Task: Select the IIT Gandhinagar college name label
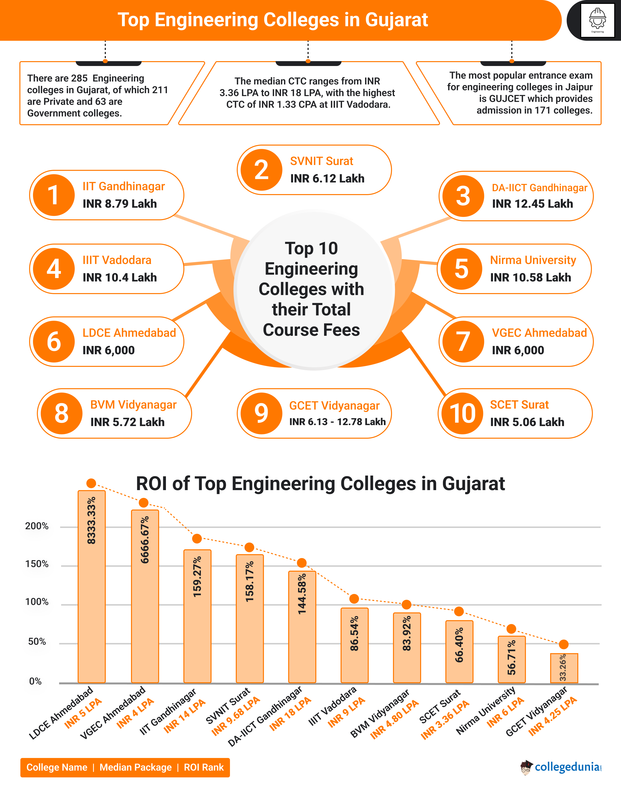tap(124, 186)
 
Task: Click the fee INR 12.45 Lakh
tap(532, 204)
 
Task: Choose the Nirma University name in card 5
tap(533, 260)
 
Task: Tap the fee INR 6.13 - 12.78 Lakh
tap(337, 422)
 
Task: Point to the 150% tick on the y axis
tap(37, 564)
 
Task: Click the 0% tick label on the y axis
tap(35, 681)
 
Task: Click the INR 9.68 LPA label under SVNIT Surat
tap(236, 716)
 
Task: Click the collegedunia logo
tap(562, 767)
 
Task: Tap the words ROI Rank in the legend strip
tap(204, 767)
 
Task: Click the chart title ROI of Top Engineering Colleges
tap(320, 484)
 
